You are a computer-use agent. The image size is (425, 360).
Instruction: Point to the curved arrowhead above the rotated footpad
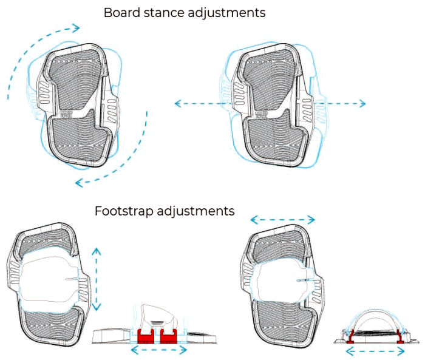pos(75,27)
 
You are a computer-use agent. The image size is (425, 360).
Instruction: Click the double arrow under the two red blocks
pos(159,350)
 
